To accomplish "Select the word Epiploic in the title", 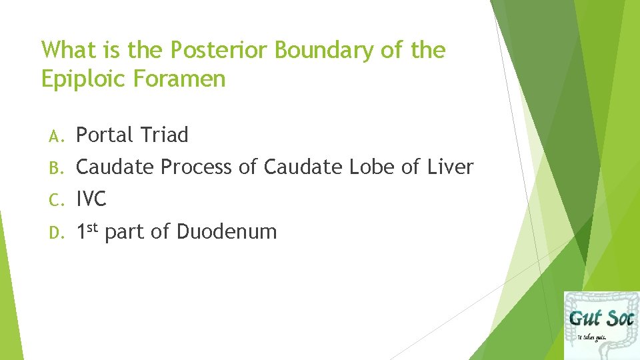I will click(x=84, y=80).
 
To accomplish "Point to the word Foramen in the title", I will click(x=179, y=79).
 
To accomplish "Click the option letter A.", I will click(x=55, y=136).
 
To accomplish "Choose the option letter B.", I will click(x=55, y=168).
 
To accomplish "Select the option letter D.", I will click(x=55, y=233).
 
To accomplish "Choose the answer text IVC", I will click(x=91, y=199).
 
